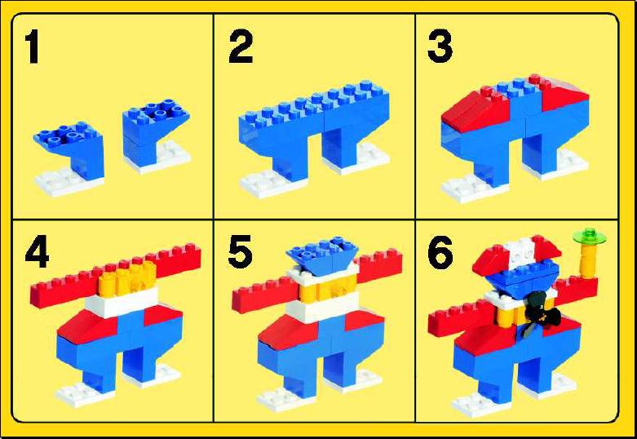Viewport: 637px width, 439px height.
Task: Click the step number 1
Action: click(x=32, y=47)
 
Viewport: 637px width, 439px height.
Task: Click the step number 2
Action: click(x=241, y=47)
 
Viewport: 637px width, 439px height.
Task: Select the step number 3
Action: click(x=440, y=47)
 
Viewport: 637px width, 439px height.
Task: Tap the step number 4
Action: click(x=37, y=252)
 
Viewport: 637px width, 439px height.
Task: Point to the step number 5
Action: click(x=240, y=252)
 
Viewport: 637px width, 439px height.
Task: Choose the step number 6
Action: click(x=440, y=252)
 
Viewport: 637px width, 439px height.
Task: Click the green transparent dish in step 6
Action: click(x=589, y=236)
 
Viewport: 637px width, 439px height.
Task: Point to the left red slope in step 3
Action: click(x=476, y=109)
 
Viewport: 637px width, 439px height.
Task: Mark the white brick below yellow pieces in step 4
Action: click(x=122, y=303)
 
